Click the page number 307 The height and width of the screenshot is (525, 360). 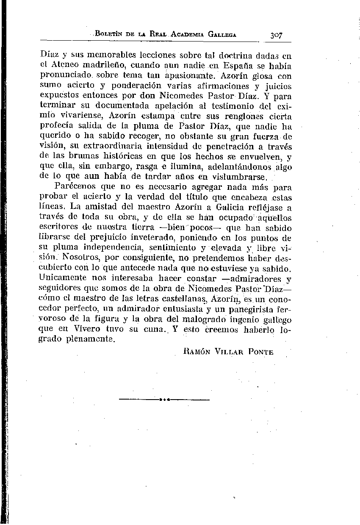point(275,35)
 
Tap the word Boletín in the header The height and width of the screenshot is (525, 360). point(111,34)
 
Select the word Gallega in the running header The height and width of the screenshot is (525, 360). point(222,34)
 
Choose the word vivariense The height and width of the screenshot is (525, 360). point(83,116)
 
